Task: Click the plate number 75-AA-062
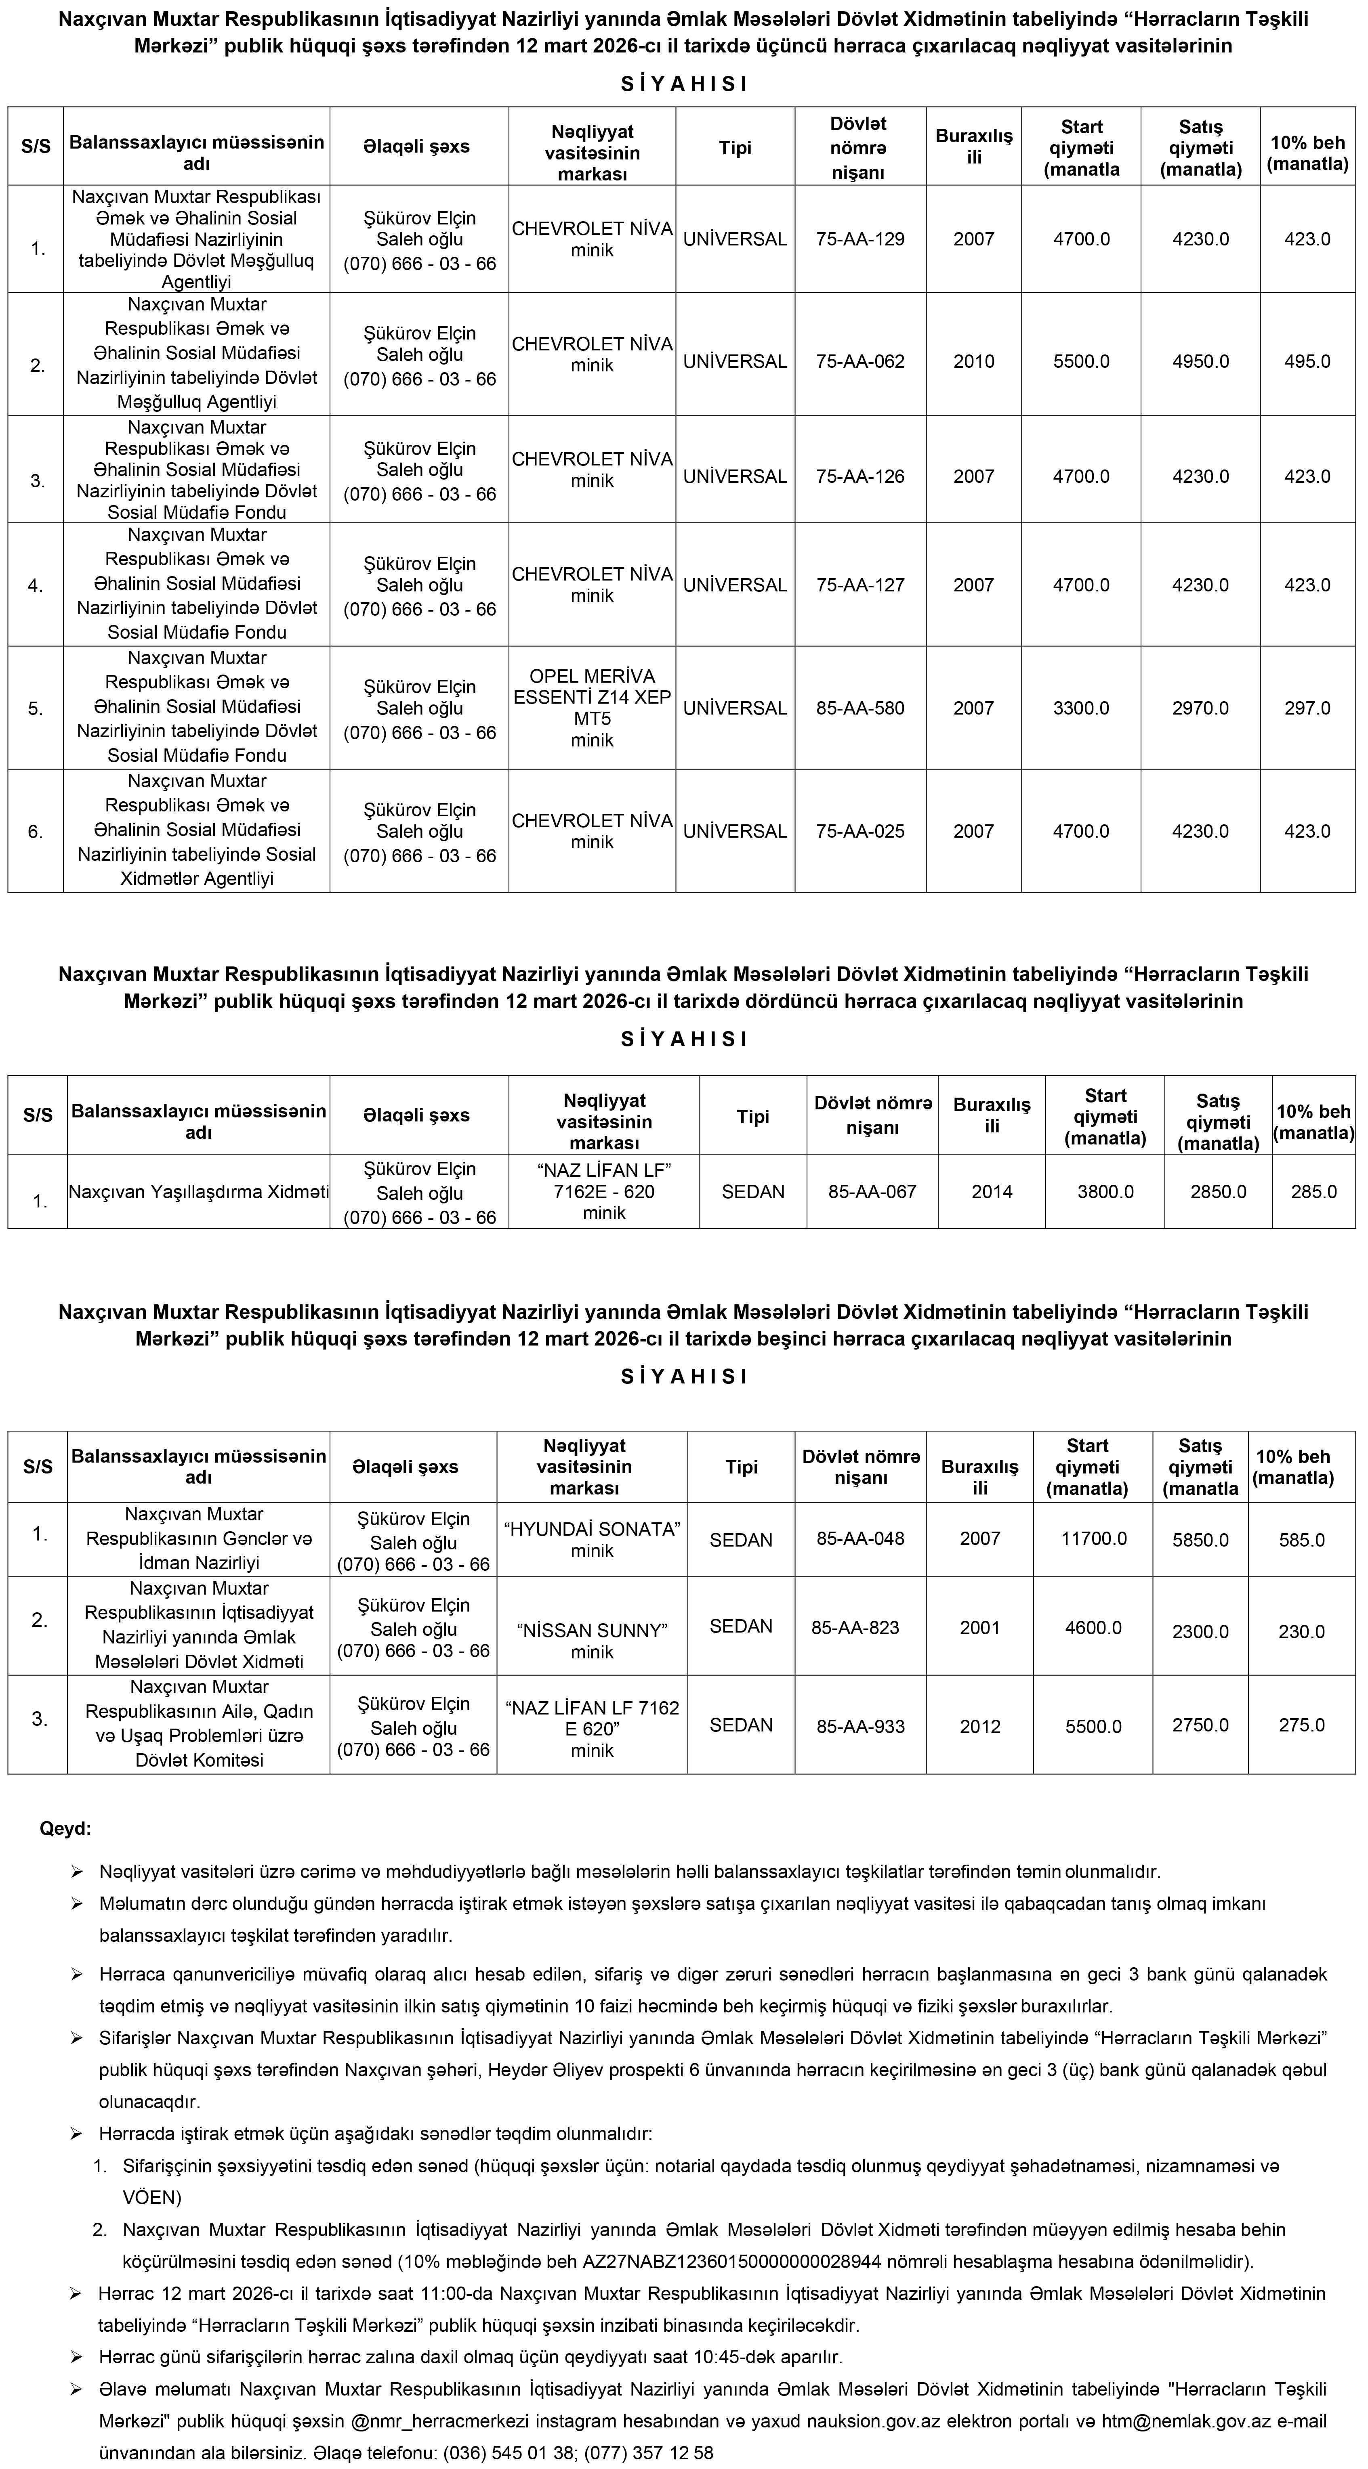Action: tap(860, 361)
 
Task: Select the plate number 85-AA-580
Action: tap(860, 708)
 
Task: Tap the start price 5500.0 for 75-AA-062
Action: tap(1081, 361)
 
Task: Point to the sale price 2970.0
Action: tap(1200, 708)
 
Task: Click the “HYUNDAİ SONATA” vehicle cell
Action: tap(591, 1539)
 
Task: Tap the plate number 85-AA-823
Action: tap(855, 1627)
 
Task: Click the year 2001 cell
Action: tap(980, 1627)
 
